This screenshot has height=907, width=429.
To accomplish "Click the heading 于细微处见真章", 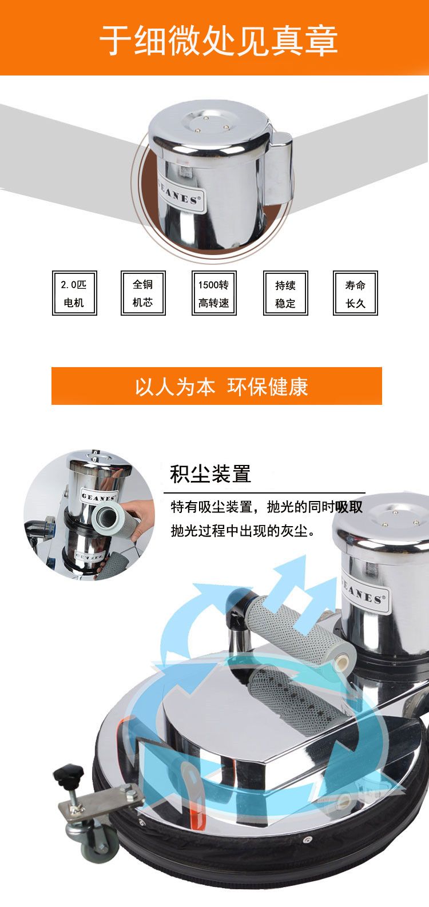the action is (x=219, y=41).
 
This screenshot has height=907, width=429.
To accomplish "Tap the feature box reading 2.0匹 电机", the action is (x=74, y=293).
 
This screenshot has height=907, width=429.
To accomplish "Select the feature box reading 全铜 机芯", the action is (x=143, y=293).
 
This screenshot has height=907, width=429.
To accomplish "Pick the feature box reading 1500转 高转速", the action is (x=214, y=293).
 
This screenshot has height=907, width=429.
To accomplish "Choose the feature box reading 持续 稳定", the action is (x=285, y=293).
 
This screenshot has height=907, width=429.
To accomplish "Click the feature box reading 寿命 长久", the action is (x=355, y=293).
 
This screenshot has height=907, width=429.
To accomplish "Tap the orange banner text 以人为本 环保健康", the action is (x=221, y=387).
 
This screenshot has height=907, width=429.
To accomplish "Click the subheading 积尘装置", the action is (x=210, y=474).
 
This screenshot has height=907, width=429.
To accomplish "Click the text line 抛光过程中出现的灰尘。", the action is (x=243, y=531).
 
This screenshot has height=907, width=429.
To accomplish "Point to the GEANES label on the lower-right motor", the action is (x=366, y=593).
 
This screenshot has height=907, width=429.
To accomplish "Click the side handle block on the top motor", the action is (x=280, y=169).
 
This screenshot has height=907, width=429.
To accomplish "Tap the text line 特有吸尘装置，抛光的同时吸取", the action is (x=267, y=507).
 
